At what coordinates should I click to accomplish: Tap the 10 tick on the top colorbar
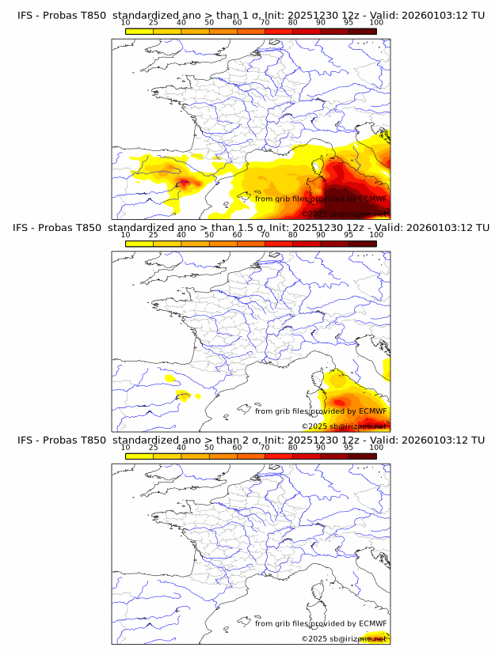click(x=125, y=22)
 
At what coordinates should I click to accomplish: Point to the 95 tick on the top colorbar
click(x=349, y=22)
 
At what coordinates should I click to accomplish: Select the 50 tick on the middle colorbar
click(x=209, y=235)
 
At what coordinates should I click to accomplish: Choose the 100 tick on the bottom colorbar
click(x=376, y=447)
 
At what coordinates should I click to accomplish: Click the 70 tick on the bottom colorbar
click(x=265, y=447)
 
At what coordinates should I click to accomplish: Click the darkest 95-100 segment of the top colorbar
click(x=362, y=31)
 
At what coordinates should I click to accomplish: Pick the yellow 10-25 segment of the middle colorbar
click(x=139, y=244)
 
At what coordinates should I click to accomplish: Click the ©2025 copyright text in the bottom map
click(x=314, y=638)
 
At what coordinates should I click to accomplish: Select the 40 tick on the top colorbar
click(x=181, y=22)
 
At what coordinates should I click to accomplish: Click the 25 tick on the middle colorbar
click(x=153, y=235)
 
